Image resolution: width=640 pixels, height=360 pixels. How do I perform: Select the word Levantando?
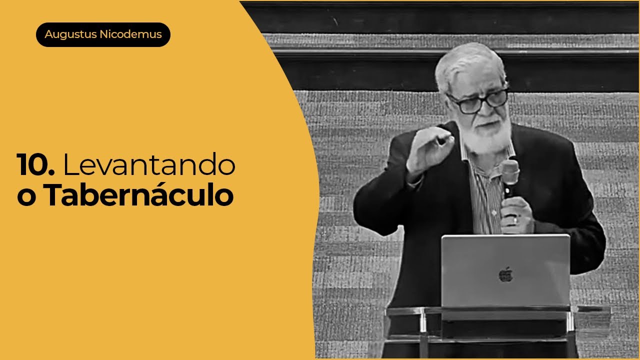(149, 166)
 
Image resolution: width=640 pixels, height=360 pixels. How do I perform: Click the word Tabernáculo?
(138, 196)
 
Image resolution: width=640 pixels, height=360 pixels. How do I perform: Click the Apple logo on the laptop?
(505, 274)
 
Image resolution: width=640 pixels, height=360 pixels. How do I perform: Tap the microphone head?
(510, 170)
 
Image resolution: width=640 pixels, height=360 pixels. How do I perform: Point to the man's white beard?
(487, 135)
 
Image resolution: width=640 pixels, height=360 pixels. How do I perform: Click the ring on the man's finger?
(515, 219)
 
